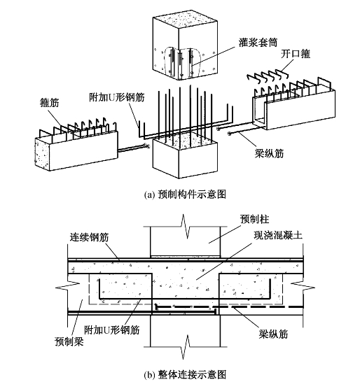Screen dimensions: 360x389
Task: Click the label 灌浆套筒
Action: [x=258, y=43]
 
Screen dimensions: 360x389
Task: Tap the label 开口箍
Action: [x=296, y=54]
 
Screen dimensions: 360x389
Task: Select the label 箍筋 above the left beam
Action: [x=50, y=102]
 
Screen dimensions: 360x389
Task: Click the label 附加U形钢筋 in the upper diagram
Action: [x=117, y=97]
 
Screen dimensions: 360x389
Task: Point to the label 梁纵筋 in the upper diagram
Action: [x=269, y=153]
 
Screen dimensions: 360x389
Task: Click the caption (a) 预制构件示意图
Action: [x=185, y=194]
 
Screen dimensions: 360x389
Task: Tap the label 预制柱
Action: [x=254, y=219]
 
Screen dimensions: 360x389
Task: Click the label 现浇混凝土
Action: [x=278, y=235]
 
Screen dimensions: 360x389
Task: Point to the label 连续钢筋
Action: [x=89, y=237]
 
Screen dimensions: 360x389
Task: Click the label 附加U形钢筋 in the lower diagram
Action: [x=112, y=330]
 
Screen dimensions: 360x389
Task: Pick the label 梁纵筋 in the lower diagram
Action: [x=273, y=334]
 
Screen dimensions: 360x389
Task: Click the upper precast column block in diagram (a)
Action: [x=185, y=47]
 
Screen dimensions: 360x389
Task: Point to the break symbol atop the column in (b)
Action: [x=185, y=226]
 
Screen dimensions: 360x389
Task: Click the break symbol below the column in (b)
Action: [x=185, y=346]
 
